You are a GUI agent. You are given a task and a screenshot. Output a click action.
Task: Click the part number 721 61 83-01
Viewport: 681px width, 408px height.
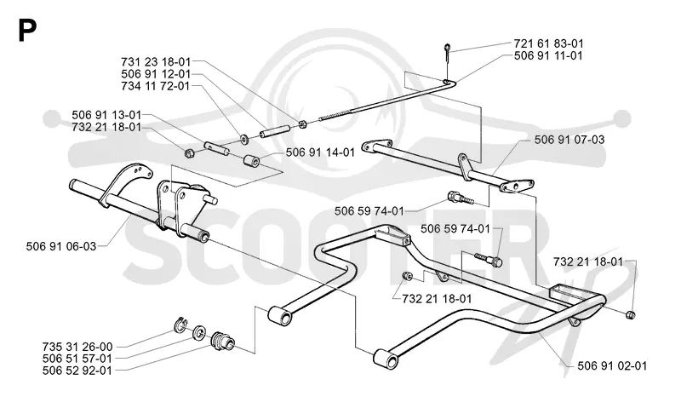click(548, 43)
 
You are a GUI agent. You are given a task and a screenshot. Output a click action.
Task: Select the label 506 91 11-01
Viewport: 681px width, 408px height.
click(548, 55)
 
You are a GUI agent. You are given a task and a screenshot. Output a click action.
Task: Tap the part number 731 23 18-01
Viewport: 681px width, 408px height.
click(156, 61)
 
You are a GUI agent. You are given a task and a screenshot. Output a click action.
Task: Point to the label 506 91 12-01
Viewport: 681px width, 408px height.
click(156, 74)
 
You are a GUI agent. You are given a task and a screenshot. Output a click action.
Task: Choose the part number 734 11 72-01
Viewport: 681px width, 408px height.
click(156, 86)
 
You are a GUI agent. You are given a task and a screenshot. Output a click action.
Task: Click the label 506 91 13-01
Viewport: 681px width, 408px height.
click(106, 115)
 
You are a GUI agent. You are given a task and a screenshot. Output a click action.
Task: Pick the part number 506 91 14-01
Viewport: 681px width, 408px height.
click(320, 152)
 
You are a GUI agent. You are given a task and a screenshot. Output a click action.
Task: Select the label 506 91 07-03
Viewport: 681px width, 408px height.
click(569, 140)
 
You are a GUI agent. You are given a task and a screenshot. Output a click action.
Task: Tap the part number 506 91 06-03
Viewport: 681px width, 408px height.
click(61, 246)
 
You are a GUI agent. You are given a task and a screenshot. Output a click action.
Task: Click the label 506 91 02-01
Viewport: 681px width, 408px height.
click(612, 366)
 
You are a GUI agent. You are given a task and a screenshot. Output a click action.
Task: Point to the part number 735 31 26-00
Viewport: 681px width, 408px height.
click(77, 347)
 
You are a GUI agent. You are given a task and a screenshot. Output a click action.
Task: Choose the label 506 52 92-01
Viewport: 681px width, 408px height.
click(77, 371)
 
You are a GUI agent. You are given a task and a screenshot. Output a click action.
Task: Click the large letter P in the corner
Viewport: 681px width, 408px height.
click(27, 31)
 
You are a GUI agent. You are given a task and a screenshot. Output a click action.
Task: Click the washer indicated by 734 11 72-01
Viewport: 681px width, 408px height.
click(245, 139)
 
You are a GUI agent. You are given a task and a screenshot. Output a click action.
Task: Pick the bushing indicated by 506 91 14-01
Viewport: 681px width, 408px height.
click(251, 161)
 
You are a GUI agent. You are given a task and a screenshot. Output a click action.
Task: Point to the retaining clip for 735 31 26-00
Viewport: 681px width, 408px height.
click(181, 325)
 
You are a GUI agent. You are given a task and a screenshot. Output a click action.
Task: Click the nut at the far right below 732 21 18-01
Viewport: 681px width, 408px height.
click(632, 315)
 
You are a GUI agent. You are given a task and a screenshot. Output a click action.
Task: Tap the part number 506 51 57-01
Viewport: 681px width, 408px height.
click(77, 359)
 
